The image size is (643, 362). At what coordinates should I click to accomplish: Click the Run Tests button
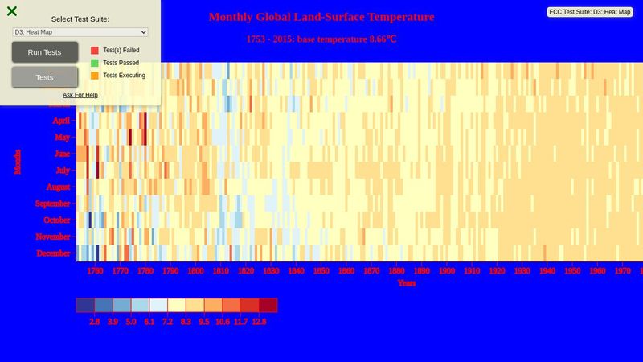45,52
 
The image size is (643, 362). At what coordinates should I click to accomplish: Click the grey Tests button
45,77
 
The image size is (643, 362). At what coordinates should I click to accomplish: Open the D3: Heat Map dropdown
80,31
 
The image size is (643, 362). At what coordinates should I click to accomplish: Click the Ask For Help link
80,95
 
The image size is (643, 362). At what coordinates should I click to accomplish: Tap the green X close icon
12,11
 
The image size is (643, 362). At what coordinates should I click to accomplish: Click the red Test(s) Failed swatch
95,50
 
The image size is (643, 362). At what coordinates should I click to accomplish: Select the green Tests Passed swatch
95,63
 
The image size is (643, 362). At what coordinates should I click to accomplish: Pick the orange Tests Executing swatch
95,76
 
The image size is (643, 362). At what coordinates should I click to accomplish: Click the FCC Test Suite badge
591,12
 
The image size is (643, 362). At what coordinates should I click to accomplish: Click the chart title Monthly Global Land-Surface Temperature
321,17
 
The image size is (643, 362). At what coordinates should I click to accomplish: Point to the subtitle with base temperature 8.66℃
321,39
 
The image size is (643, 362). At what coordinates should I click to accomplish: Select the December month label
54,253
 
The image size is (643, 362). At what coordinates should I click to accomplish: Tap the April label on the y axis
61,121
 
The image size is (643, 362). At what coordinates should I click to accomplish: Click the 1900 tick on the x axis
446,272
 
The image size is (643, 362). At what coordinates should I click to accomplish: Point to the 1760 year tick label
95,272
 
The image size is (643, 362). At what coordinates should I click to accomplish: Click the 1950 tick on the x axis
571,272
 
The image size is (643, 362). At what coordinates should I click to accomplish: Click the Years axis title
406,283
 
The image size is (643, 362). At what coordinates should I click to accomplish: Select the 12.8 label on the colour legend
258,321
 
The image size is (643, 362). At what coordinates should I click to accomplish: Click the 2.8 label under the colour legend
94,321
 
